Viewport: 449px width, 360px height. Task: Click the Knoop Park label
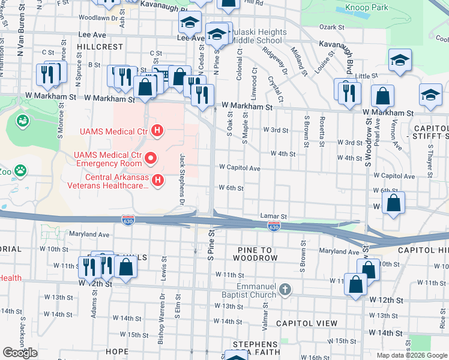367,8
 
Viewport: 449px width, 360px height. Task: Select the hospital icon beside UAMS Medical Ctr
157,130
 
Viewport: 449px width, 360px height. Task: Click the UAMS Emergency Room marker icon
151,159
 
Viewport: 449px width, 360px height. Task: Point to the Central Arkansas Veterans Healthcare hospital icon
157,181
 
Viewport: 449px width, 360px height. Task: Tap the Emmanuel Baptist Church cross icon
285,290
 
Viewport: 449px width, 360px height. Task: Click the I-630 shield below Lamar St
274,226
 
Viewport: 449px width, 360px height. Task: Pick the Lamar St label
274,215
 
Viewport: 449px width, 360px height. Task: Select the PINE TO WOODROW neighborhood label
249,258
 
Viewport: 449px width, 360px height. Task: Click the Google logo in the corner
20,353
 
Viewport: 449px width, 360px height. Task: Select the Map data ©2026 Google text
411,355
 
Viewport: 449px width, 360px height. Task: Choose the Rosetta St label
322,131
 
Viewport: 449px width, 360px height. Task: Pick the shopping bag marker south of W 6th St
393,205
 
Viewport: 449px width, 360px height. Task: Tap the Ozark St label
330,27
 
